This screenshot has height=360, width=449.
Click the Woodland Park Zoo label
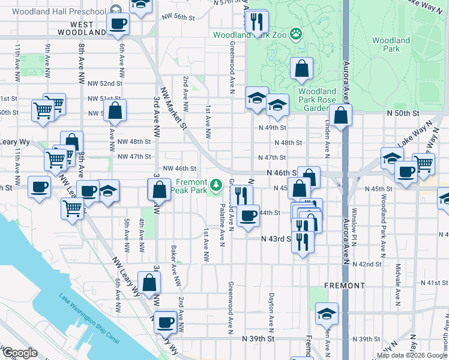(x=250, y=35)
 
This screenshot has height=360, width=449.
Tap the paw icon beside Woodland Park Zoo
(x=296, y=34)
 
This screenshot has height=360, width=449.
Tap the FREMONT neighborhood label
(x=344, y=285)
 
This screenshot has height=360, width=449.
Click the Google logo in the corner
(x=20, y=353)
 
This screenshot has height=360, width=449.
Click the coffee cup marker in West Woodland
(x=118, y=23)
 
